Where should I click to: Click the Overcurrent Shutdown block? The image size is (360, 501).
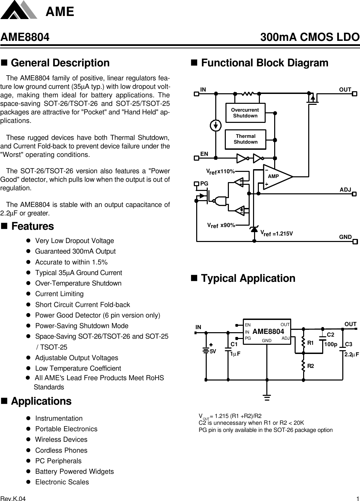(x=245, y=113)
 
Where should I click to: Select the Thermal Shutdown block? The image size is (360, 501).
(x=245, y=139)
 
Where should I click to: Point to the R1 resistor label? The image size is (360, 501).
(x=310, y=343)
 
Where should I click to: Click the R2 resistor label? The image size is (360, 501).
(x=310, y=366)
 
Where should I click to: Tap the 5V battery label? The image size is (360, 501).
(x=213, y=351)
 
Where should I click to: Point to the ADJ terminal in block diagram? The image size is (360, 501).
(x=345, y=190)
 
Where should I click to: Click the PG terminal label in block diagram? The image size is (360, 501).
(x=204, y=183)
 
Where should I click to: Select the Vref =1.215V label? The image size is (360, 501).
(x=277, y=233)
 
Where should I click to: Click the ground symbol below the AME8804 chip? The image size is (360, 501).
(x=267, y=397)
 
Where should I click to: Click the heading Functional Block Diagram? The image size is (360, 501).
(x=264, y=63)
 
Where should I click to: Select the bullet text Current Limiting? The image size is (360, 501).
(x=59, y=294)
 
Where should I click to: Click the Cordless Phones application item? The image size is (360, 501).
(x=61, y=450)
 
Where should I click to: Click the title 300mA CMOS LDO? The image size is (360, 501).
(x=310, y=37)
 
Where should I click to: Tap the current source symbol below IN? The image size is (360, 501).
(x=215, y=126)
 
